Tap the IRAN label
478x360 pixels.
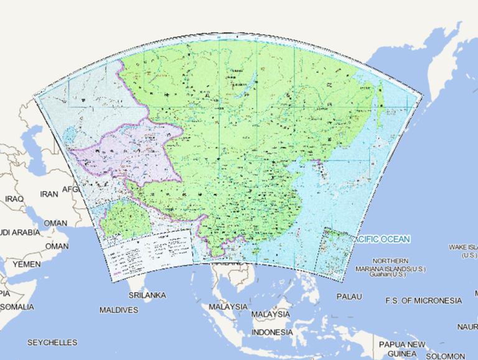(49, 194)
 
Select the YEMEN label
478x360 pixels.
(27, 264)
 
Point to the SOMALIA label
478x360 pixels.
(17, 307)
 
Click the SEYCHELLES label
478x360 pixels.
(52, 343)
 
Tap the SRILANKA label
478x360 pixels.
(146, 295)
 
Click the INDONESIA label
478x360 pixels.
(272, 333)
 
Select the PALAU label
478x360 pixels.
(349, 297)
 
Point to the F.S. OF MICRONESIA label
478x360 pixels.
(423, 301)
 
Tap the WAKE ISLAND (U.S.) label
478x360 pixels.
(463, 251)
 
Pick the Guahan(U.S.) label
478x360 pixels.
(387, 274)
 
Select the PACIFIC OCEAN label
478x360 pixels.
(381, 239)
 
